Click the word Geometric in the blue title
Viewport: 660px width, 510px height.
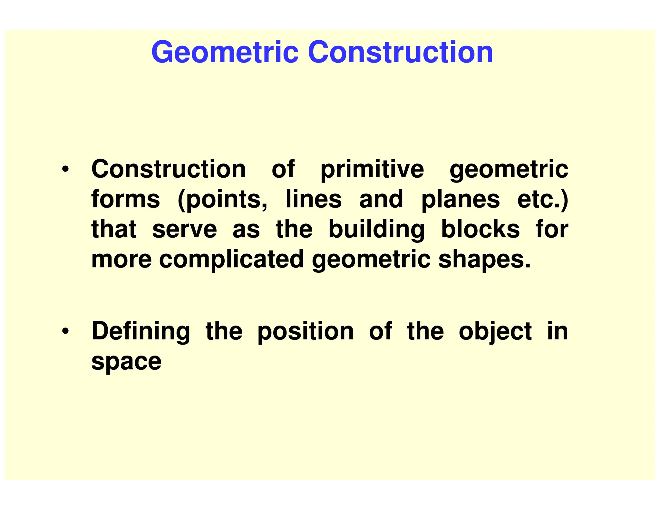[225, 52]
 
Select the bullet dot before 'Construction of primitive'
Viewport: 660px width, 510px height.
[65, 169]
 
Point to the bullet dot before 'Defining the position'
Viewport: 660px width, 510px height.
[65, 331]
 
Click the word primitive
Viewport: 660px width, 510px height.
[372, 170]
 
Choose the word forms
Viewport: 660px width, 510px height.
[125, 199]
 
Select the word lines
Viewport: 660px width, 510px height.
[314, 199]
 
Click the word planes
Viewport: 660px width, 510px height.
[461, 200]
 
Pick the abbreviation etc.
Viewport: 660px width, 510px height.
[543, 200]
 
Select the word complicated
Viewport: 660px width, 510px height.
[231, 260]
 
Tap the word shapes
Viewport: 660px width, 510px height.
[484, 260]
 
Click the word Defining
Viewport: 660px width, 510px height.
[141, 331]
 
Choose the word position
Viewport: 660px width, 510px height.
[305, 331]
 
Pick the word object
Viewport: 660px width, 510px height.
[495, 331]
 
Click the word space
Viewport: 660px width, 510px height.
[126, 362]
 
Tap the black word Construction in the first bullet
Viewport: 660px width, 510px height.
[169, 169]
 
